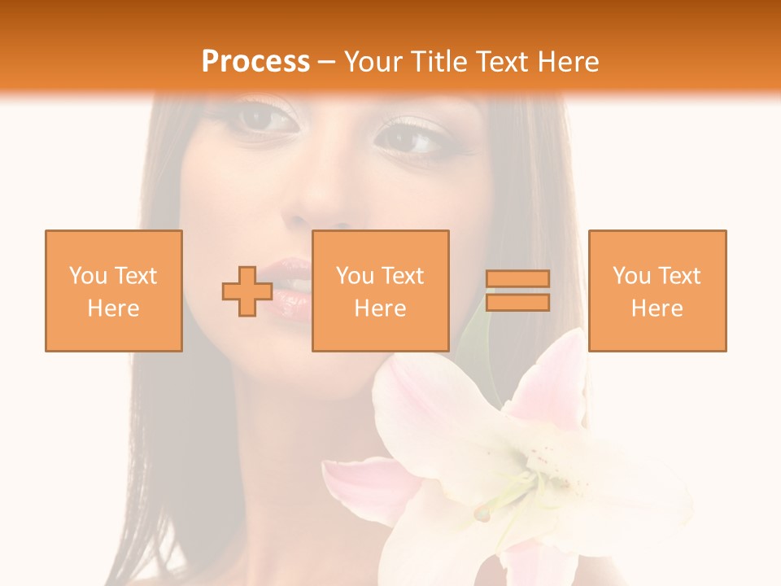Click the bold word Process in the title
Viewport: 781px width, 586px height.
[255, 62]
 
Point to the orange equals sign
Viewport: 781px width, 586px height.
[517, 291]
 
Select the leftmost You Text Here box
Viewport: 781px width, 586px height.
[113, 291]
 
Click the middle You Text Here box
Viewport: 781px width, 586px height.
[380, 291]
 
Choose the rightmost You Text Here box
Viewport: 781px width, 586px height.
[657, 291]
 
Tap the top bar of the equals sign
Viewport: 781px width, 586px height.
[517, 279]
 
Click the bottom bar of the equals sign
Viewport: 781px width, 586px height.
[517, 302]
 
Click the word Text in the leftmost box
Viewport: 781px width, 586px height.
[135, 276]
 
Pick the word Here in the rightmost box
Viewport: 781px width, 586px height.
[657, 308]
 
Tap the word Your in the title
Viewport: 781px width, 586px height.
[373, 62]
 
